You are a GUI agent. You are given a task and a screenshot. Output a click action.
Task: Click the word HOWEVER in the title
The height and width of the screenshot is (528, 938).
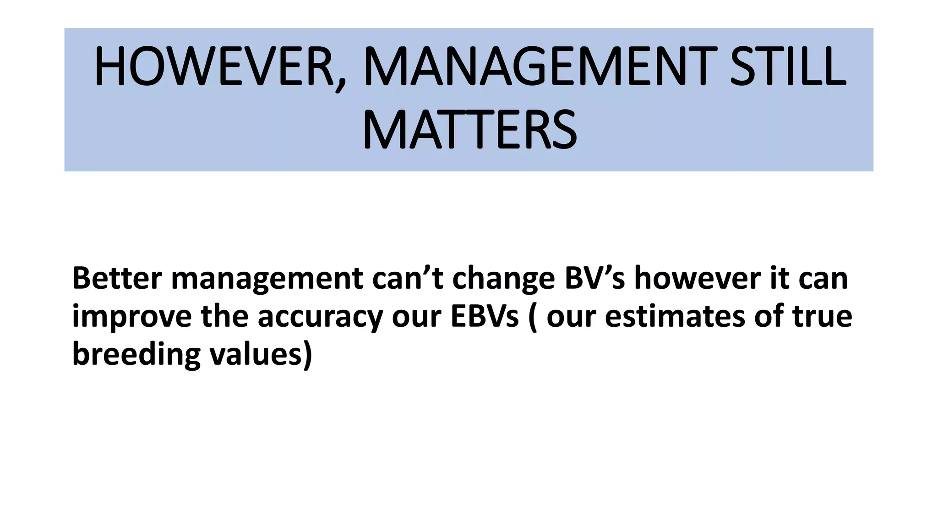[x=213, y=67]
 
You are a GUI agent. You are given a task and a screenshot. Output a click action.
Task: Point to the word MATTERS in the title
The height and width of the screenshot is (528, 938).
[x=469, y=130]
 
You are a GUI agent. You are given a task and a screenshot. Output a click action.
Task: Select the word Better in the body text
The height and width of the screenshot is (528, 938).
[x=117, y=278]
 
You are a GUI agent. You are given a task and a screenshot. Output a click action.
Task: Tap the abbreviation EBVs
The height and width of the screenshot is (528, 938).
[x=484, y=316]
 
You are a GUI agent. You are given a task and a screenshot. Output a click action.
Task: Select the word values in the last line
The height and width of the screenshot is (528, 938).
[x=255, y=354]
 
